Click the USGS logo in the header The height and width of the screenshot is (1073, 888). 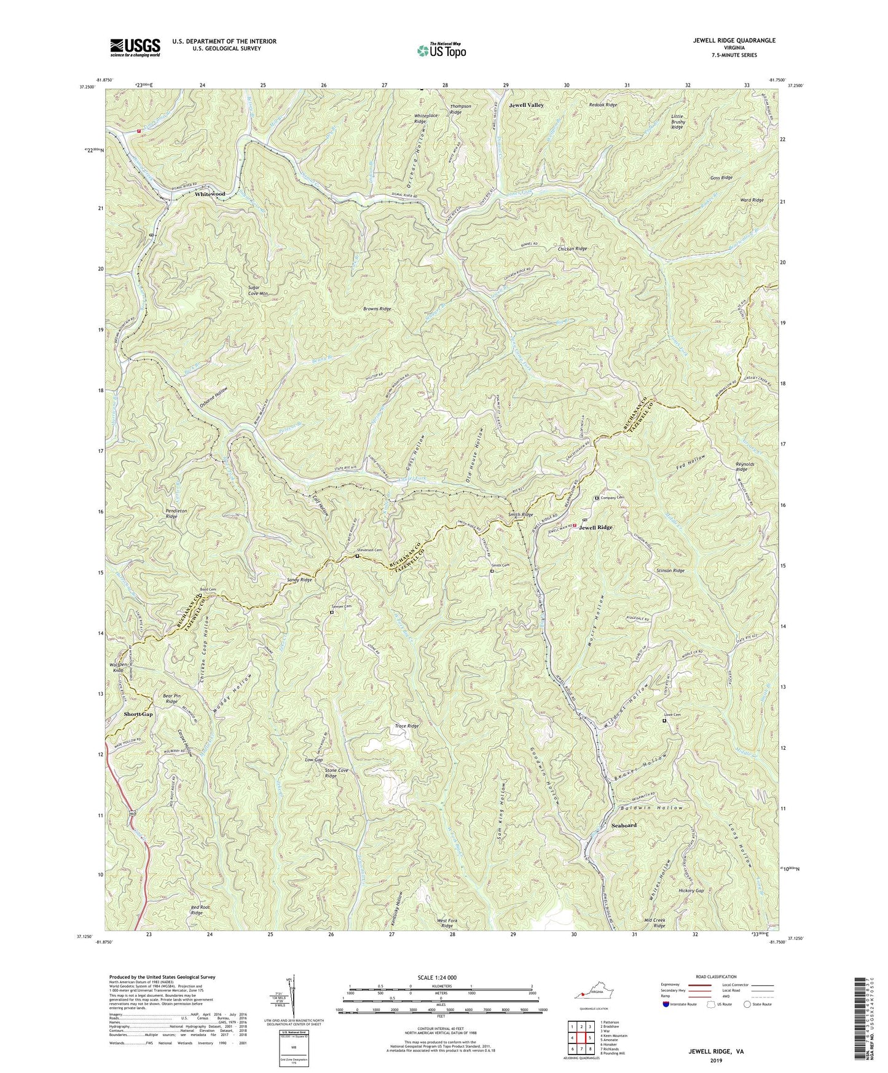135,47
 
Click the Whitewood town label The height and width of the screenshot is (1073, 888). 210,194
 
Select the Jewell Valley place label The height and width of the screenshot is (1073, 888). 526,106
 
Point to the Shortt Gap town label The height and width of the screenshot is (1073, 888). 138,715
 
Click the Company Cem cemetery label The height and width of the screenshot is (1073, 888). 612,498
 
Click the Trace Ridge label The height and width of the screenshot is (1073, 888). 406,726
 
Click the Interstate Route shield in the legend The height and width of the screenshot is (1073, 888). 668,1005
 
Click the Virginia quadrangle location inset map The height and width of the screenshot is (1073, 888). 590,994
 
